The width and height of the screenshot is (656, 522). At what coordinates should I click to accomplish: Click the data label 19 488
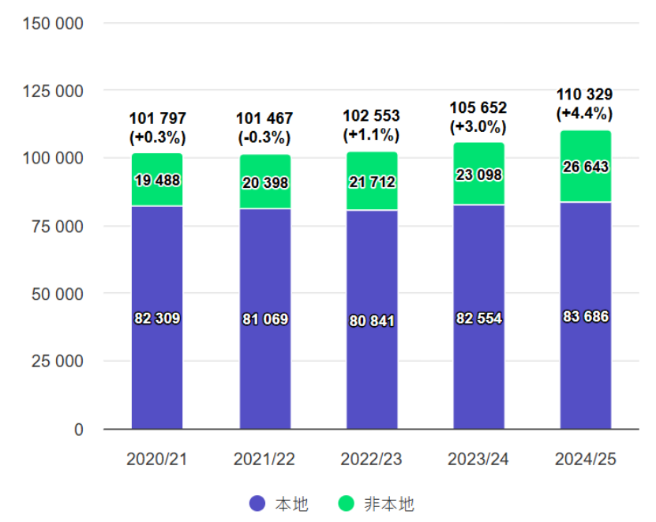[x=157, y=180]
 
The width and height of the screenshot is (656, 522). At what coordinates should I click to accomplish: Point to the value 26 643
[x=586, y=167]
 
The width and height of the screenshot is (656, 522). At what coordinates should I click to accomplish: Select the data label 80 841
[x=372, y=321]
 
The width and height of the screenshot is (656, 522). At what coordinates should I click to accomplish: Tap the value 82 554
[x=478, y=318]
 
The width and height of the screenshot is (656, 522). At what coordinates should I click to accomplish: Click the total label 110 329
[x=585, y=95]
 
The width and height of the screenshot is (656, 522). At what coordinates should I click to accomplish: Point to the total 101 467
[x=264, y=118]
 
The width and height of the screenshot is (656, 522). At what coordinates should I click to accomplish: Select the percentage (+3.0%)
[x=478, y=126]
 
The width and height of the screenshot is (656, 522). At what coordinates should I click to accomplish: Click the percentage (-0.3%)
[x=264, y=137]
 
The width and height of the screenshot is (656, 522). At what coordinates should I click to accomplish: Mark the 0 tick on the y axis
[x=79, y=430]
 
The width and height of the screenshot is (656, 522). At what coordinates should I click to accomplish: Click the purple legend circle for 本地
[x=256, y=503]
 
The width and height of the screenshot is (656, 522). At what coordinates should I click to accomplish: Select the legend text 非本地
[x=388, y=503]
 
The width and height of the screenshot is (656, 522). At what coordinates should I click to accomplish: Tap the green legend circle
[x=346, y=503]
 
